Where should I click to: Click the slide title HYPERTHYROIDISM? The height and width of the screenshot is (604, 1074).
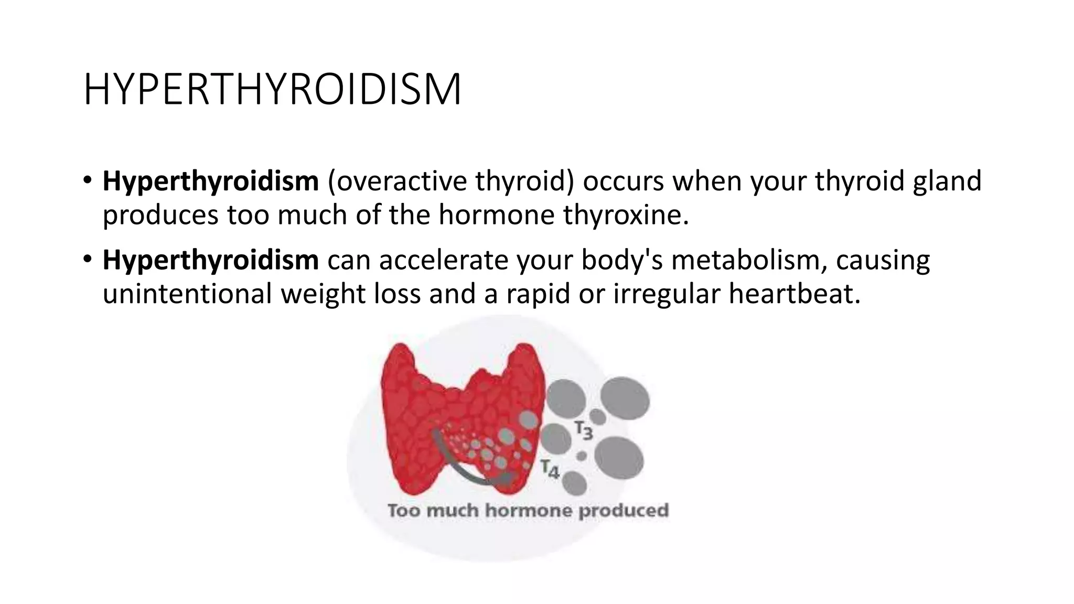click(272, 90)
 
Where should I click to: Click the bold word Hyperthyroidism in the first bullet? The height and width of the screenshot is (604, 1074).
click(210, 181)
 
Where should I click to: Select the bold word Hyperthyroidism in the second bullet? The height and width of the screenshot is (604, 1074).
click(210, 260)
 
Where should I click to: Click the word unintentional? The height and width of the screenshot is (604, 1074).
click(187, 294)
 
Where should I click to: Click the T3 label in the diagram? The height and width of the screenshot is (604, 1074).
click(584, 430)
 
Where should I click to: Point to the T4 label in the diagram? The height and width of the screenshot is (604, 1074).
click(550, 468)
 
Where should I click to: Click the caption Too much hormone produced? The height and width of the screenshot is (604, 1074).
click(528, 510)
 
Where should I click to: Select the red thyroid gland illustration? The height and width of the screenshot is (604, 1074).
click(461, 409)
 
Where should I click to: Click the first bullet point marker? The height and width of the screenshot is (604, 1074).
click(87, 181)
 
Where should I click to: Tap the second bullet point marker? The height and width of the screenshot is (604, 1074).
click(87, 260)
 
